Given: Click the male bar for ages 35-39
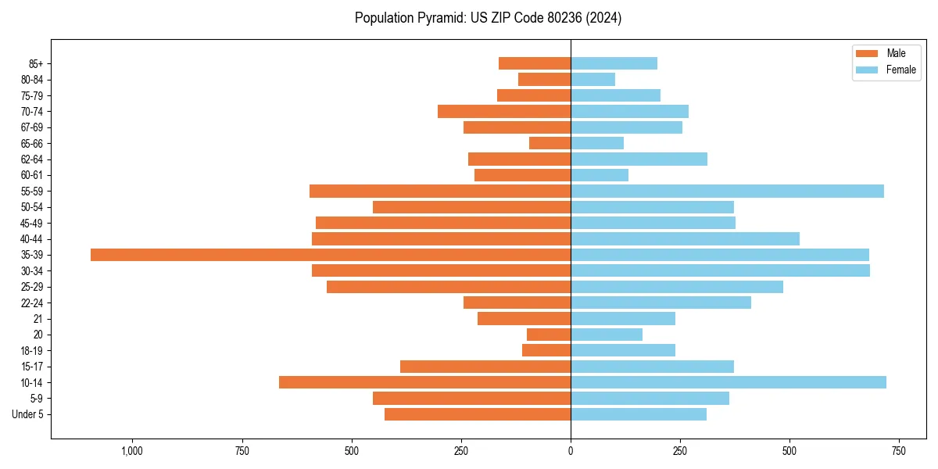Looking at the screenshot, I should coord(331,255).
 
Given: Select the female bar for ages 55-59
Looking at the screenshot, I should coord(727,191).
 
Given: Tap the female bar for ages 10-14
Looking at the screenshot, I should coord(729,382).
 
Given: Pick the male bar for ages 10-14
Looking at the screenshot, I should coord(424,382).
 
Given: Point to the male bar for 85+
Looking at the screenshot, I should coord(535,63).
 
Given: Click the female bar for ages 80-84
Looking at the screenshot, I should coord(593,79).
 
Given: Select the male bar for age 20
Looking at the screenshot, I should coord(549,335).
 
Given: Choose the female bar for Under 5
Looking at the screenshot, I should coord(639,414).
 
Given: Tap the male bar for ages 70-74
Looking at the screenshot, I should coord(504,111).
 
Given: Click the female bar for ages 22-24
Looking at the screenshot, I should coord(661,303).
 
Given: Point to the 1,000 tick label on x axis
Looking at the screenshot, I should coord(131,451).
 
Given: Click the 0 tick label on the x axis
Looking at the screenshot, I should coord(571,451).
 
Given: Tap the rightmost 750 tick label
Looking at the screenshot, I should coord(899,451).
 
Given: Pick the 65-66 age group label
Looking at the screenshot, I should coord(32,143).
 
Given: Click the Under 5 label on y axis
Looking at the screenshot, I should coord(27,414).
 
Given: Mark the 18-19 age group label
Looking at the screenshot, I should coord(32,351).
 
